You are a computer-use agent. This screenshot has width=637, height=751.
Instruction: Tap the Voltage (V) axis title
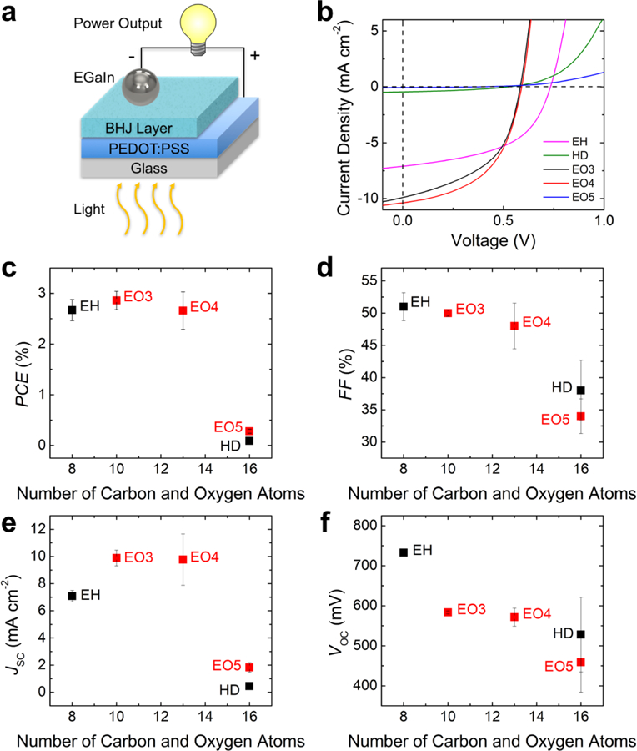click(504, 241)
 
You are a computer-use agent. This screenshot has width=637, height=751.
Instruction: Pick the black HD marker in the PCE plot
click(249, 441)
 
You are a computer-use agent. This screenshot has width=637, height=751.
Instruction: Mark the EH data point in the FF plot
click(404, 306)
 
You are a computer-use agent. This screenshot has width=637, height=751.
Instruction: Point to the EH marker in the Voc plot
click(404, 552)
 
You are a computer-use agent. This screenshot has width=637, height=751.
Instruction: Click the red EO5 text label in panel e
click(227, 665)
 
